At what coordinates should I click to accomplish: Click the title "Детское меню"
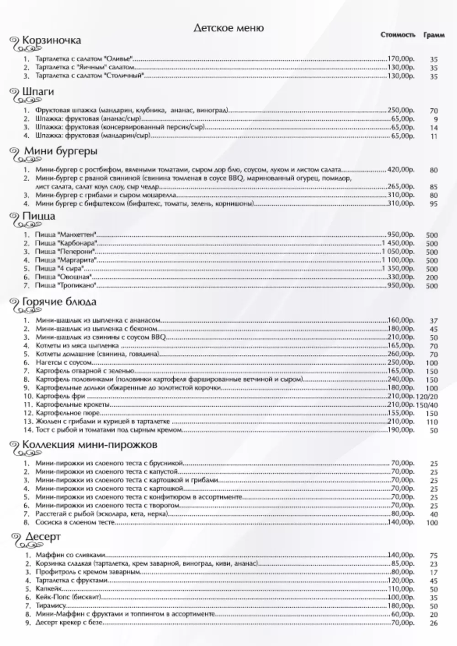(x=228, y=28)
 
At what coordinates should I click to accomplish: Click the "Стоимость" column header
(x=398, y=35)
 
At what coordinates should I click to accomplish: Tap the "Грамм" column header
(x=434, y=35)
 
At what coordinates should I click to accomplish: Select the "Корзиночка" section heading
(x=52, y=40)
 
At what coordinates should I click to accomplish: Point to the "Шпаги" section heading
(x=38, y=92)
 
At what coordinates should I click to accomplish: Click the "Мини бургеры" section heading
(x=60, y=151)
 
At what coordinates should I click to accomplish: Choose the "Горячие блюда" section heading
(x=59, y=302)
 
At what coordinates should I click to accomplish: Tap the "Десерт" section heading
(x=41, y=536)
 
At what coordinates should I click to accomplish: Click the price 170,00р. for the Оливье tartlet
(x=401, y=59)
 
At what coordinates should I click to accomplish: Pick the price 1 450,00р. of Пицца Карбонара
(x=398, y=243)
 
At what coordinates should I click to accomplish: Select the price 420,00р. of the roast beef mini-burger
(x=401, y=170)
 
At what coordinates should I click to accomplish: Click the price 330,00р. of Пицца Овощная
(x=401, y=277)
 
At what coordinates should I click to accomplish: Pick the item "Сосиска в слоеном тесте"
(x=74, y=522)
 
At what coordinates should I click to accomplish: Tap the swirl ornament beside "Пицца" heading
(x=17, y=220)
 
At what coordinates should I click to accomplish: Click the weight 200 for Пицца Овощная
(x=432, y=278)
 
